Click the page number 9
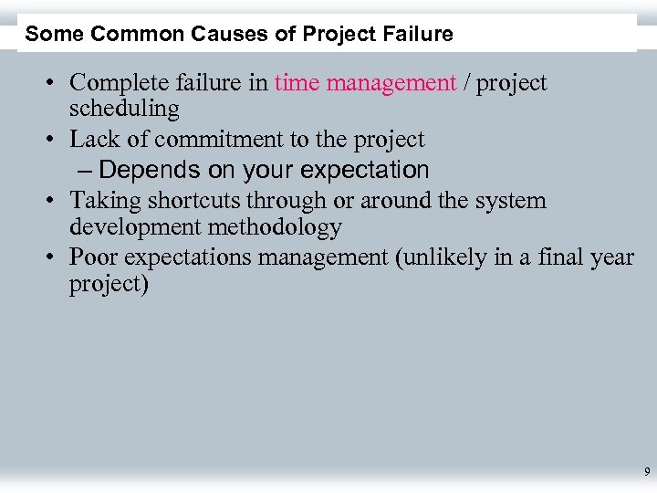tap(646, 472)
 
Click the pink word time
tap(297, 83)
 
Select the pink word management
tap(391, 84)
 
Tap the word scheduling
tap(124, 110)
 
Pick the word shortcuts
tap(190, 201)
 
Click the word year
tap(612, 258)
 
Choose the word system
tap(509, 201)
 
